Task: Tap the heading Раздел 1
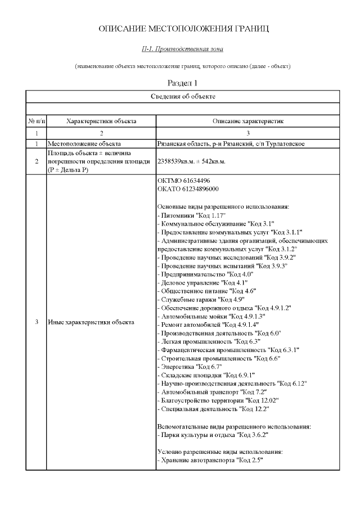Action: coord(180,83)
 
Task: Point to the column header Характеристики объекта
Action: coord(101,121)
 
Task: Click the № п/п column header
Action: coord(37,121)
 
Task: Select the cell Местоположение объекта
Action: coord(84,144)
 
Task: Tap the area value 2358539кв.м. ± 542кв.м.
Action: coord(191,161)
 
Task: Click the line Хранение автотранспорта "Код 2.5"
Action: coord(211,460)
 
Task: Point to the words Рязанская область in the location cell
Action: coord(180,144)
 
